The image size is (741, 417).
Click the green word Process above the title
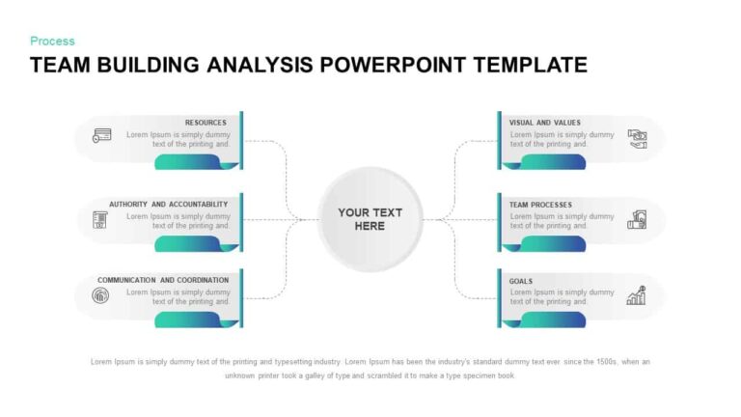tap(52, 41)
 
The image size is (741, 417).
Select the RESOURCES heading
tap(206, 123)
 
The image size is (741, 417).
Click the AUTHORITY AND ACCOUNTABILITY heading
tap(168, 205)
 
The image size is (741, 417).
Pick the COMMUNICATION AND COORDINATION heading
tap(163, 280)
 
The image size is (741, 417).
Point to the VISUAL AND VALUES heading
tap(545, 123)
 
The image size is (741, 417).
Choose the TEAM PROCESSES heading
tap(540, 205)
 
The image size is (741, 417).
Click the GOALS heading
tap(521, 281)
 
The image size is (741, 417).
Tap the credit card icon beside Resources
tap(100, 136)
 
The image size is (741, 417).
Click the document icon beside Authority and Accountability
tap(99, 220)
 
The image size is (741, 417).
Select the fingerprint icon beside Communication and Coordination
tap(100, 295)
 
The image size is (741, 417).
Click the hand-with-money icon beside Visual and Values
tap(637, 138)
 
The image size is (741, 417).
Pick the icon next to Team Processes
tap(637, 220)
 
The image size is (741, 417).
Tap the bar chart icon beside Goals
tap(636, 295)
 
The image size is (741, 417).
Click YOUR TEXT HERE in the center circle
tap(370, 219)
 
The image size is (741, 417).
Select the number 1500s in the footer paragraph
tap(599, 362)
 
